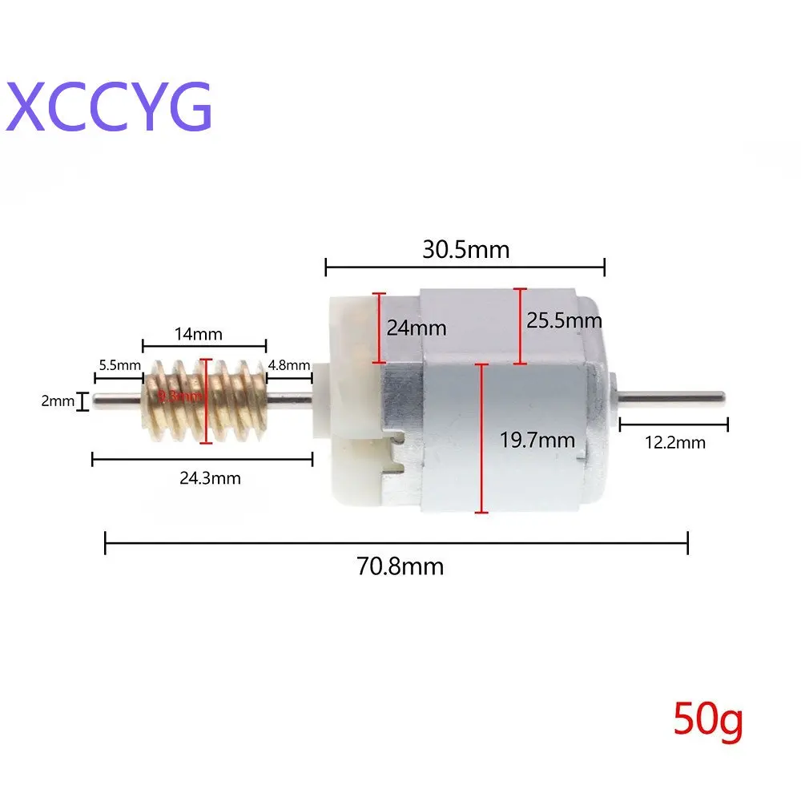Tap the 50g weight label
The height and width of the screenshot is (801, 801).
point(708,719)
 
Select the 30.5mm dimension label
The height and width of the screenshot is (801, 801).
point(465,249)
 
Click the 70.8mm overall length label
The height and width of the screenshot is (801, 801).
point(400,567)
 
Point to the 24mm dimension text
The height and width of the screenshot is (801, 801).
point(416,328)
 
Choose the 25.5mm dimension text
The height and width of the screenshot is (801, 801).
point(564,320)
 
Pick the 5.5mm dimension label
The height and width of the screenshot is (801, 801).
point(118,365)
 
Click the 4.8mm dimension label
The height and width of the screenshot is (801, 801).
point(289,365)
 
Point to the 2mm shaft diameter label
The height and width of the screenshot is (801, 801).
point(57,400)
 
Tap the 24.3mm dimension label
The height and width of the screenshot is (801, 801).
point(210,478)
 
